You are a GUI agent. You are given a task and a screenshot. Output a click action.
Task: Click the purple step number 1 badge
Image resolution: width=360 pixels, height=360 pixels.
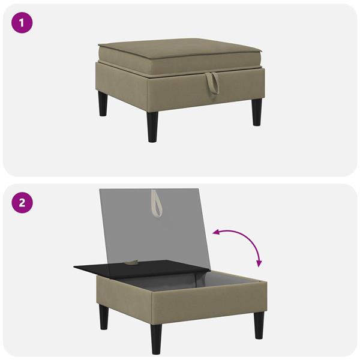click(22, 23)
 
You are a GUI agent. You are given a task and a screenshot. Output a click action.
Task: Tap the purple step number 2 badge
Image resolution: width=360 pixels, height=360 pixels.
click(22, 203)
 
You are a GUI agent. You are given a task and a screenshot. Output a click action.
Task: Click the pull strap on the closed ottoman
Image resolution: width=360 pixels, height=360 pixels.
click(212, 83)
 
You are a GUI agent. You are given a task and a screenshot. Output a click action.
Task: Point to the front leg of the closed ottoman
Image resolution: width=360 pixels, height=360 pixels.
click(153, 127)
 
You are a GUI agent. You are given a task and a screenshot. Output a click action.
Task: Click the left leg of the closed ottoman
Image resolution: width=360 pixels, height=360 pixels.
click(103, 104)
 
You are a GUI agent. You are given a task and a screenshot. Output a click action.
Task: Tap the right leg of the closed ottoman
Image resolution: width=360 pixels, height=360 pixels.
click(257, 112)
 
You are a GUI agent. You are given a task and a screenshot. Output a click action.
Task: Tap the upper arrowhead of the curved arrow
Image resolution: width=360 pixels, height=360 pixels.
click(217, 233)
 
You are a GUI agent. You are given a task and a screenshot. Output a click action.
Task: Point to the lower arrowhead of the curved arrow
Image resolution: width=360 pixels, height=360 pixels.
click(259, 264)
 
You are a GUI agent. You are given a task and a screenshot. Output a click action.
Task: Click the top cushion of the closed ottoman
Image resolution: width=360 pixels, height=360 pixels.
click(180, 56)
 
